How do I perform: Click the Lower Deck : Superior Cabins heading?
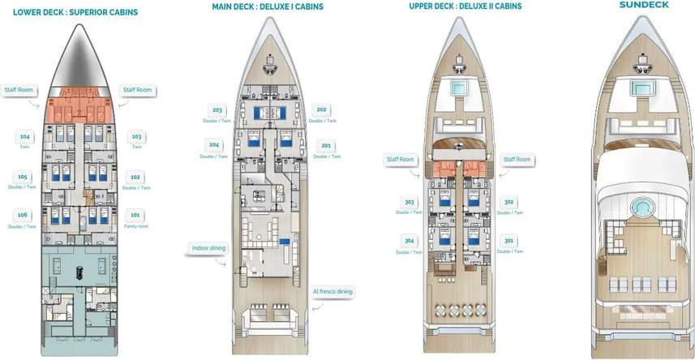75,13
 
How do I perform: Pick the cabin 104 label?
24,137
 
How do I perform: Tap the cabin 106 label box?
23,215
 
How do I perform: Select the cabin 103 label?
136,137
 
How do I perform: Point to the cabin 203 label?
217,110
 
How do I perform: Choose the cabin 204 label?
214,146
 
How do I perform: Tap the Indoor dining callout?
208,248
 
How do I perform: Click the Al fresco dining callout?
333,291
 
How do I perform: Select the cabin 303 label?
409,203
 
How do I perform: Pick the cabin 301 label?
508,241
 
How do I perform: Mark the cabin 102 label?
135,177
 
